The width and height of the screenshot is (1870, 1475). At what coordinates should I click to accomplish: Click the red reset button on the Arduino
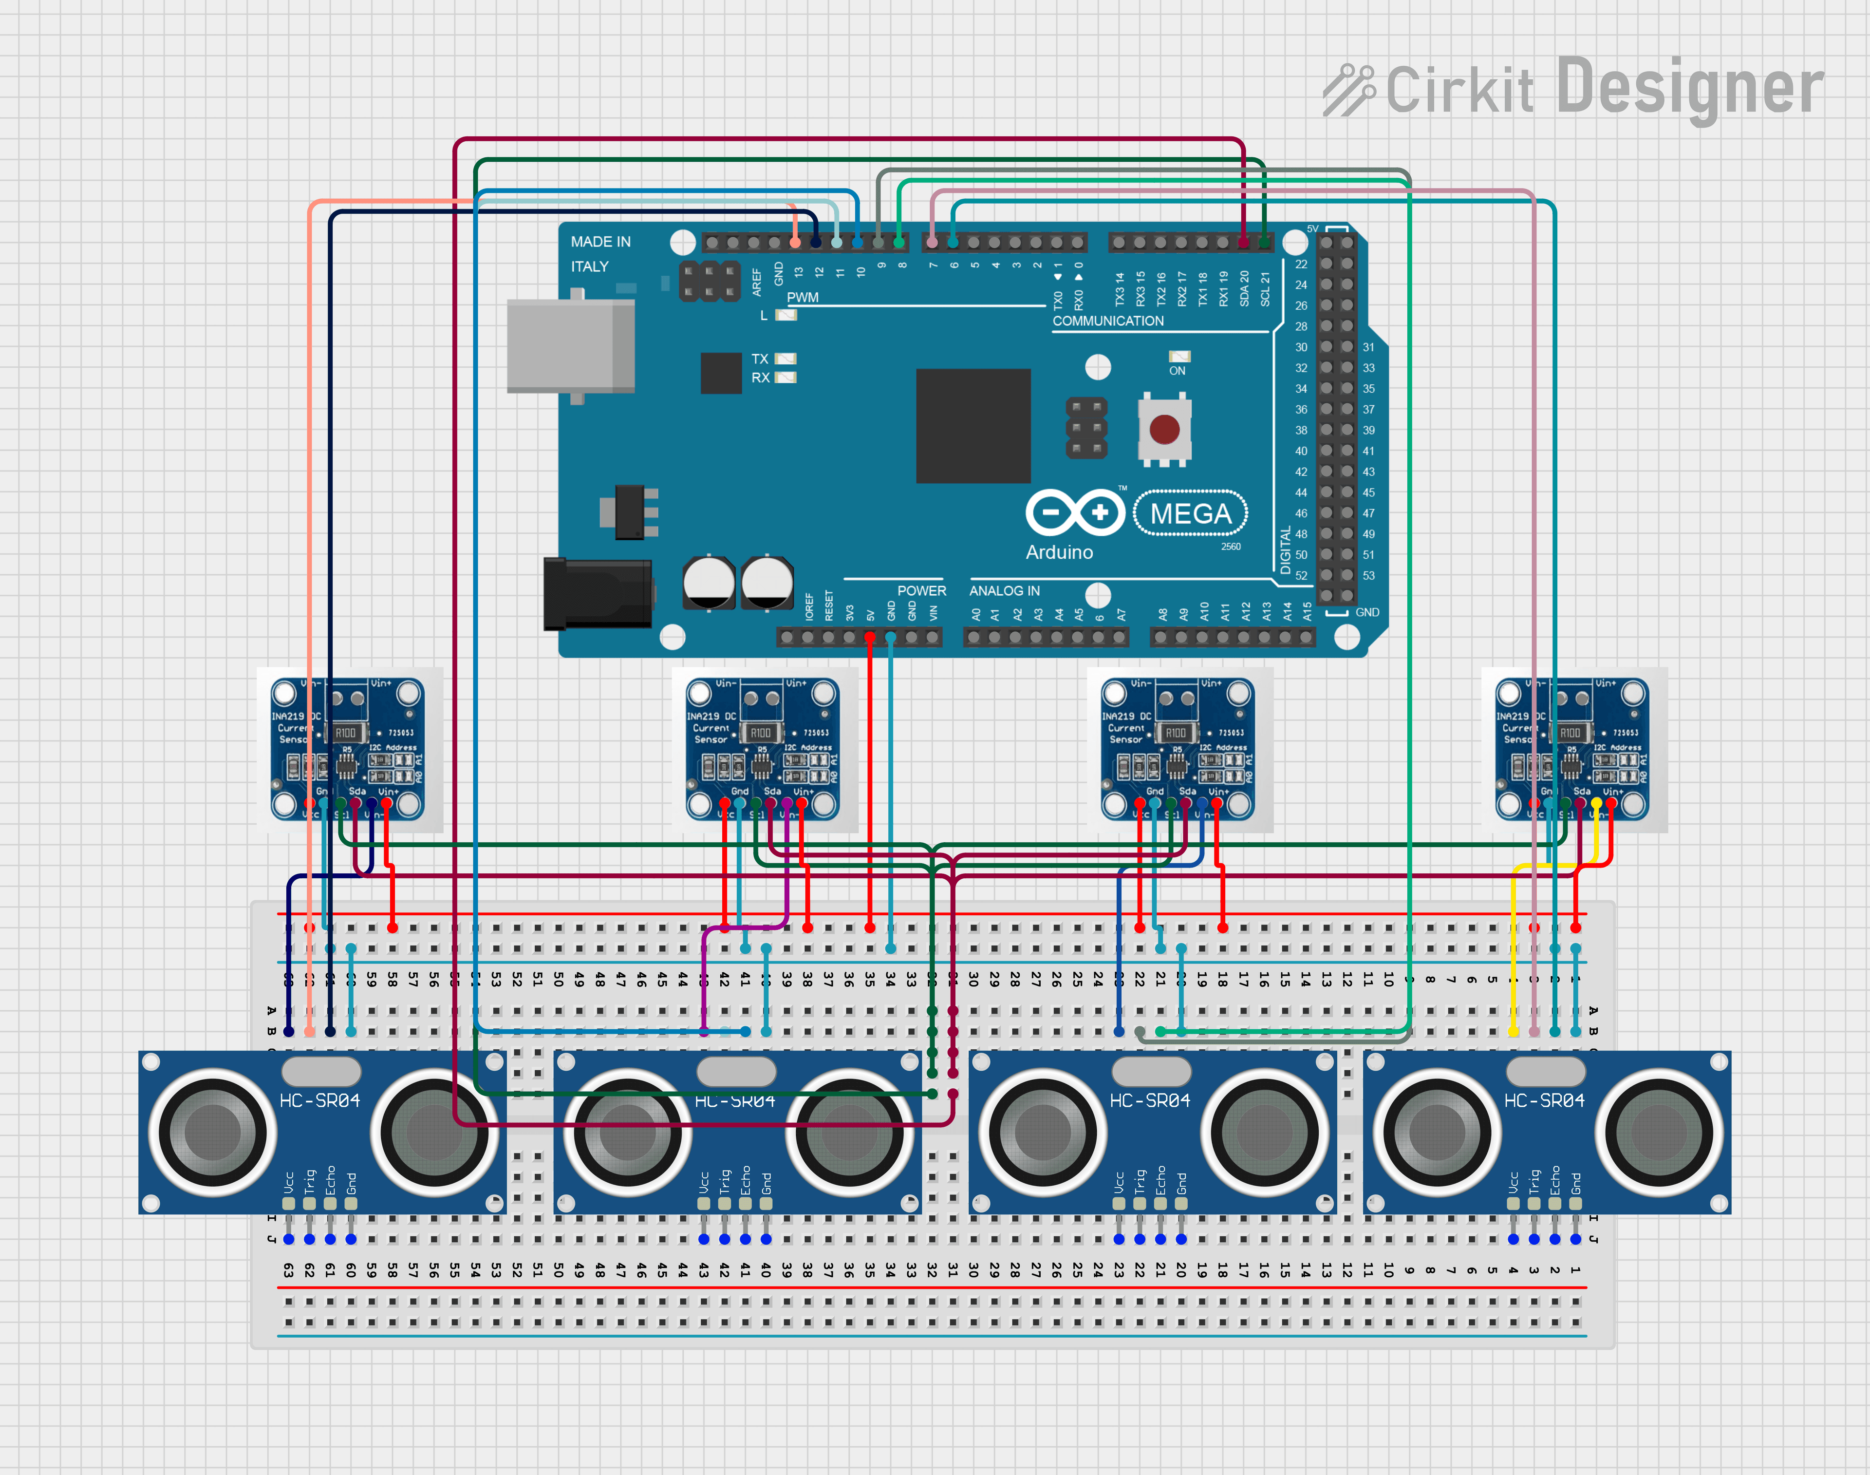pyautogui.click(x=1164, y=428)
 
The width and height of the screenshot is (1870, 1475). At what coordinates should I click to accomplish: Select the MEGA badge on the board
pyautogui.click(x=1191, y=514)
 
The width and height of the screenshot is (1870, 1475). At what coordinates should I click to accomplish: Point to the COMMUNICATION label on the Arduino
pyautogui.click(x=1108, y=321)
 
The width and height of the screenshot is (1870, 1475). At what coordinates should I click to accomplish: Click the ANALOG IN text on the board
pyautogui.click(x=1004, y=591)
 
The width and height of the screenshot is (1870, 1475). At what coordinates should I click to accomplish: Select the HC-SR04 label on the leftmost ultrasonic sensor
pyautogui.click(x=319, y=1100)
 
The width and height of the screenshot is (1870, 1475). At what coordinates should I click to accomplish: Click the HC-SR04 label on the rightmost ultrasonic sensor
pyautogui.click(x=1545, y=1100)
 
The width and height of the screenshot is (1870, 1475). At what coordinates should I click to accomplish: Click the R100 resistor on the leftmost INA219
pyautogui.click(x=345, y=732)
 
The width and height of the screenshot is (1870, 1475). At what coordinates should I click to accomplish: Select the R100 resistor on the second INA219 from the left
pyautogui.click(x=761, y=732)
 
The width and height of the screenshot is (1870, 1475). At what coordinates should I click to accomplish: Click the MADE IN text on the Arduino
pyautogui.click(x=600, y=242)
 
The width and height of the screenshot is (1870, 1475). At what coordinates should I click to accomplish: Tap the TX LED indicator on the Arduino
pyautogui.click(x=785, y=359)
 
